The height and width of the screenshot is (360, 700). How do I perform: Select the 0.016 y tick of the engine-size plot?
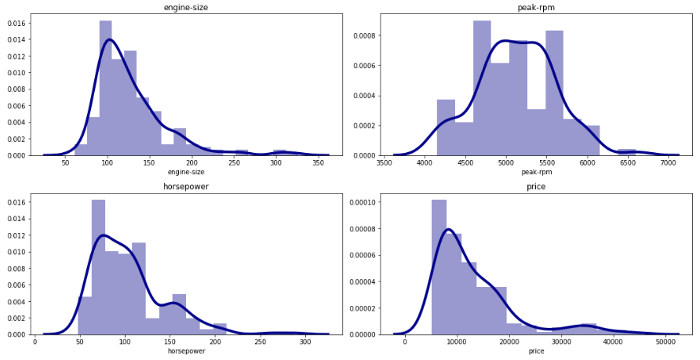(15, 23)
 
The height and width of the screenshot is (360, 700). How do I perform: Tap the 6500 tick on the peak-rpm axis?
(626, 163)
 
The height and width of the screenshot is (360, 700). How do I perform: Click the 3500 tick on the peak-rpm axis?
(385, 163)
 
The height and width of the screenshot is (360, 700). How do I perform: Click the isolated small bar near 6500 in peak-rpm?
(626, 152)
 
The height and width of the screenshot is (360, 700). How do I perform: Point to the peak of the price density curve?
(448, 229)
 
